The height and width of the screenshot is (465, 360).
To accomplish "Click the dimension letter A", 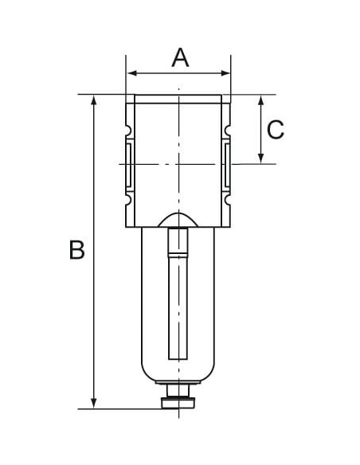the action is click(180, 57).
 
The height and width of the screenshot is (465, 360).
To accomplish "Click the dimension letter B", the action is click(76, 250).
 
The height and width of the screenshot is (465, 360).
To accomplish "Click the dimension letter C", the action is click(276, 130).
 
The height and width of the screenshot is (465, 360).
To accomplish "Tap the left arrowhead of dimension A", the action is click(133, 73).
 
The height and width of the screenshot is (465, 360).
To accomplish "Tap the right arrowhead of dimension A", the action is click(225, 73).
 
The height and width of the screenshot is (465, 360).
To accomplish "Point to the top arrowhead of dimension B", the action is click(94, 100).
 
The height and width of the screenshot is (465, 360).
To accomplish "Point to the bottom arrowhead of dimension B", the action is click(94, 404).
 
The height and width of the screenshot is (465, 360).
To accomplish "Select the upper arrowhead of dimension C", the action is click(261, 100).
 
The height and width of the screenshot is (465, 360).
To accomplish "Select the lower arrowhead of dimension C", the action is click(261, 158).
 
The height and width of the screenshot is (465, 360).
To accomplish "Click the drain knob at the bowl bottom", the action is click(178, 403).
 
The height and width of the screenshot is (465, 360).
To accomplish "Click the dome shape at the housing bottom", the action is click(178, 221).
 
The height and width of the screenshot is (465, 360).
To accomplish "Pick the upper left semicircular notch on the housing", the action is click(128, 130).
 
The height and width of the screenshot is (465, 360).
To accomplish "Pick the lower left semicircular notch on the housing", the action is click(128, 200).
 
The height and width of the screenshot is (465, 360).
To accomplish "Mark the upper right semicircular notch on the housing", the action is click(228, 130).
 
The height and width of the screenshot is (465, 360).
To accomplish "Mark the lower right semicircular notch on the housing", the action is click(228, 200).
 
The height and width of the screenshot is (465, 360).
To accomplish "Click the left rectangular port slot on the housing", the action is click(129, 165).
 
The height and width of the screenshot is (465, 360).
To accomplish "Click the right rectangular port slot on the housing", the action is click(227, 165).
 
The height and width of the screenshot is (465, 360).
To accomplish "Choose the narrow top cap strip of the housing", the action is click(178, 99).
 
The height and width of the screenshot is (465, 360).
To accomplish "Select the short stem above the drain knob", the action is click(178, 391).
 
